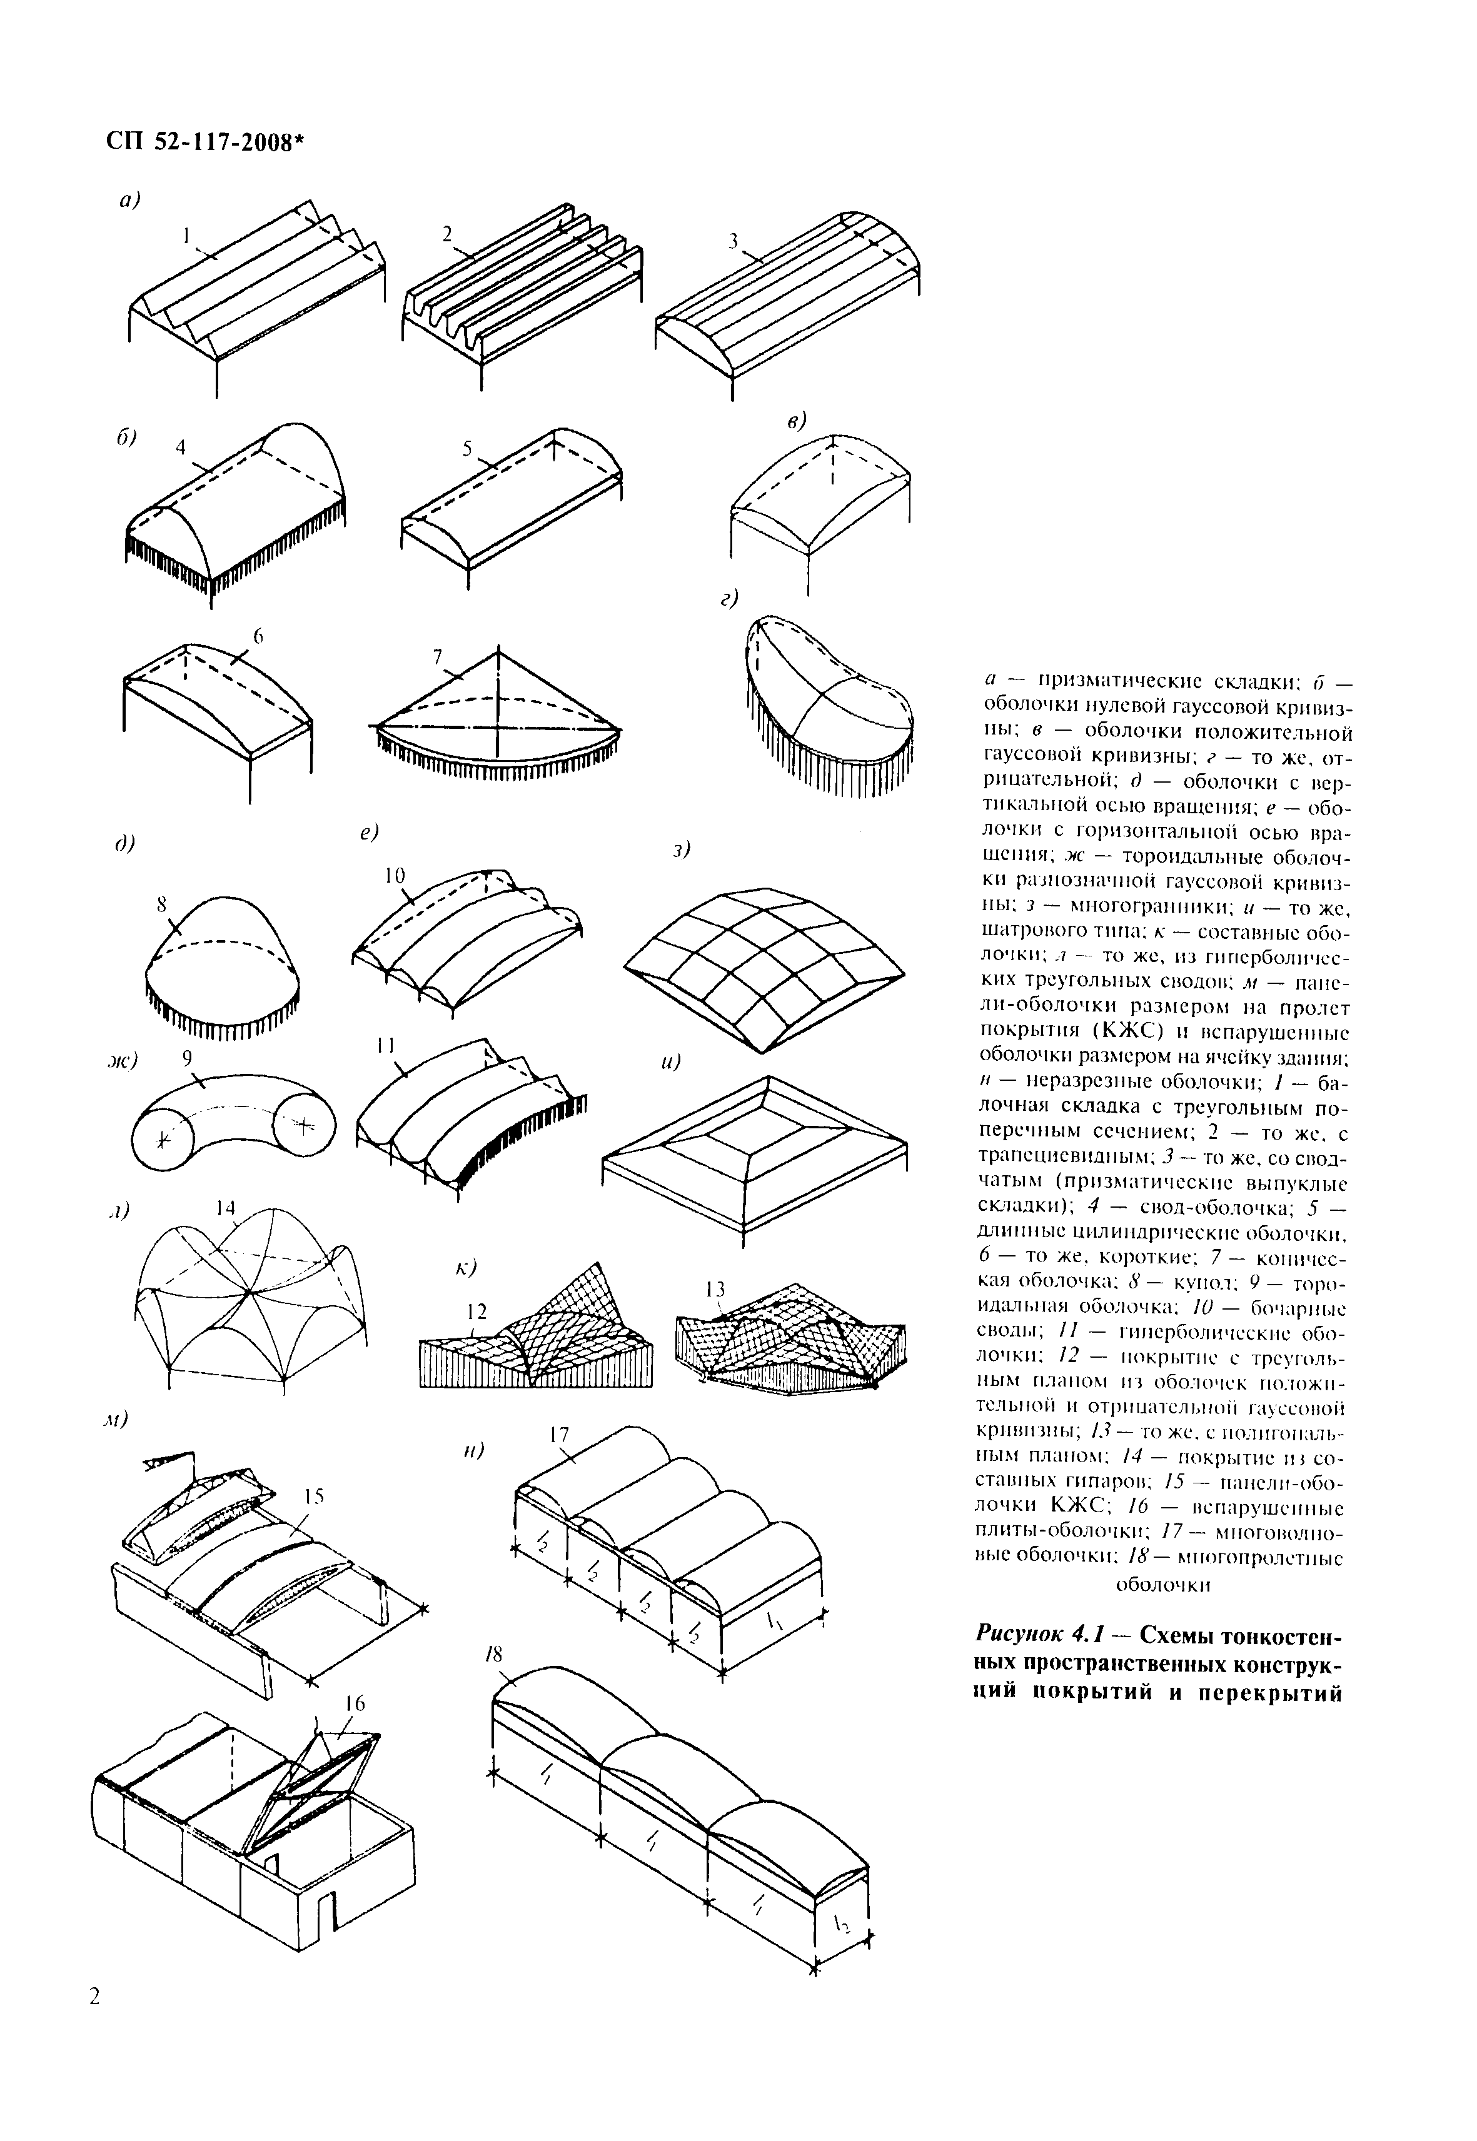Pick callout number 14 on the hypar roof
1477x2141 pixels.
click(226, 1208)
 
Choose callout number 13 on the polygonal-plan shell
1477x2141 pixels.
click(715, 1289)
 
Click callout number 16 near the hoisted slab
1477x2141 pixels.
click(355, 1703)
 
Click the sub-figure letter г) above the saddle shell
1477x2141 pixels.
click(729, 601)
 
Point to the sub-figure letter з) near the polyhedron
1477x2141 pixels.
click(683, 848)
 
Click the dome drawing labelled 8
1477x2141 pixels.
click(222, 962)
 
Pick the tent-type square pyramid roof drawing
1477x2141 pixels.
click(754, 1152)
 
